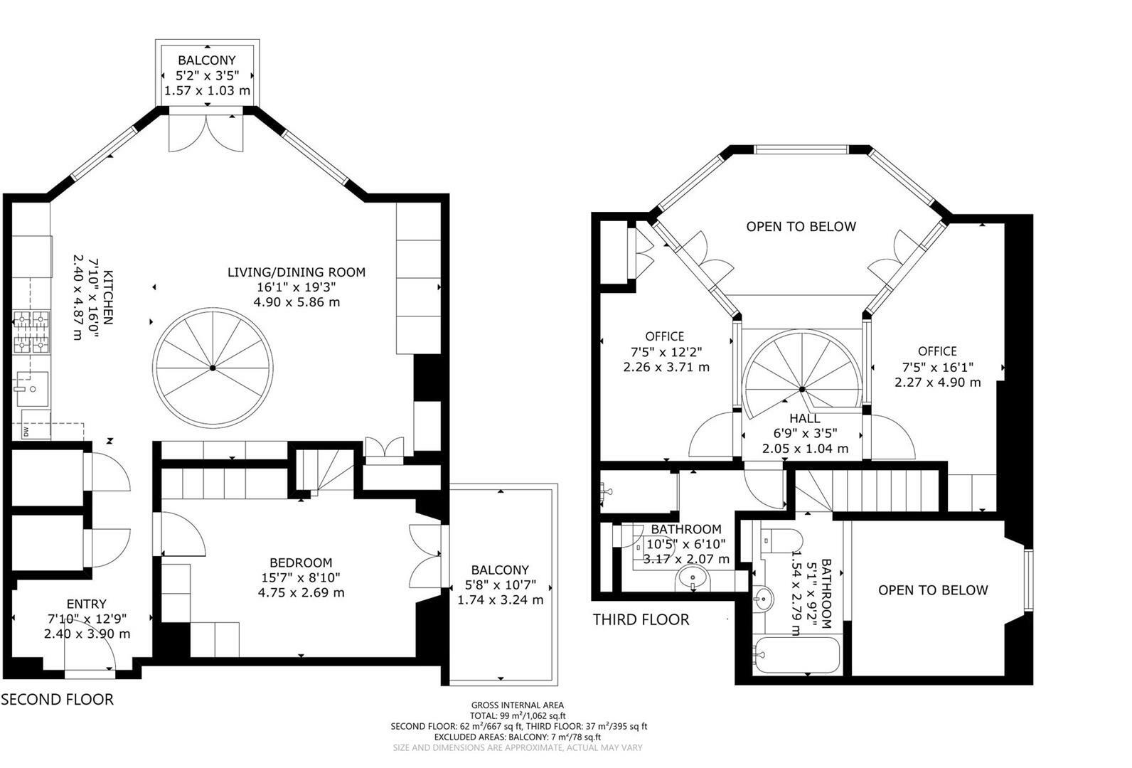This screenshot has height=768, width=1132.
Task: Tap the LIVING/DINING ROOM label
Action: coord(296,272)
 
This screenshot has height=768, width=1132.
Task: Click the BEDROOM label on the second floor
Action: coord(301,562)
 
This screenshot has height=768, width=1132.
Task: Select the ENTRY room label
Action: coord(87,604)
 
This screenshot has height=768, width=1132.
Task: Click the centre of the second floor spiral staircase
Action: coord(213,368)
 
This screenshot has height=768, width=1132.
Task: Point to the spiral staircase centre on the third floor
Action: coord(802,390)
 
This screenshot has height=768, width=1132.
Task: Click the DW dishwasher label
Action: coord(26,432)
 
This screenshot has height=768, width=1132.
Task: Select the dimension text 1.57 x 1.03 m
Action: coord(207,90)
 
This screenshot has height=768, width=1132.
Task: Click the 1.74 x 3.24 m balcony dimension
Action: coord(500,599)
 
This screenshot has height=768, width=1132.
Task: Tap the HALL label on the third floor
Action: coord(804,419)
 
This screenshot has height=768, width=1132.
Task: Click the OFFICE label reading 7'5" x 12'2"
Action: coord(665,336)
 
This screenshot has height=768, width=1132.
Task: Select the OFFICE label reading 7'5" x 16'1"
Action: coord(937,351)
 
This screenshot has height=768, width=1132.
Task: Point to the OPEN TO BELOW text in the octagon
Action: coord(801,226)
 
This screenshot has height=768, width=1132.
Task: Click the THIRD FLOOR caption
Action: coord(641,619)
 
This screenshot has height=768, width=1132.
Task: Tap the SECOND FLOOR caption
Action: coord(57,699)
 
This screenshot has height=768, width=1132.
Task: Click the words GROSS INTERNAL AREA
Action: coord(518,705)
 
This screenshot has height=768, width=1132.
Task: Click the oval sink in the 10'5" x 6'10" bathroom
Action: coord(692,578)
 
